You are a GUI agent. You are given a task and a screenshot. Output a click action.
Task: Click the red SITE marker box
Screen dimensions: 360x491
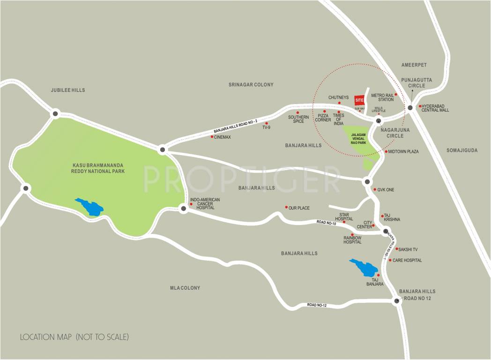[359, 100]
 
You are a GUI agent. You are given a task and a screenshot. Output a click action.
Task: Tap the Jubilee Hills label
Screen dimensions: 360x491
[68, 90]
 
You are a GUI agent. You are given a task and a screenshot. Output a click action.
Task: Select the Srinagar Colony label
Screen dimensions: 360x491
[251, 85]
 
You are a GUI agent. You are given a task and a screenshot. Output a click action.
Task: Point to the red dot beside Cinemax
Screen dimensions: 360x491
[212, 137]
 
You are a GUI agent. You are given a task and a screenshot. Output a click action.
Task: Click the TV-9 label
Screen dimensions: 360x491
[267, 127]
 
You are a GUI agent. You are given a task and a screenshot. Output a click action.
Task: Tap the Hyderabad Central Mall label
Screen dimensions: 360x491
[435, 108]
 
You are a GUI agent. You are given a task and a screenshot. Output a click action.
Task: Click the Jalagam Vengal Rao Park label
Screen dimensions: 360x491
[358, 139]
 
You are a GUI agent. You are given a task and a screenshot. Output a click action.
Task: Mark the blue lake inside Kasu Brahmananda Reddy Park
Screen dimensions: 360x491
[89, 206]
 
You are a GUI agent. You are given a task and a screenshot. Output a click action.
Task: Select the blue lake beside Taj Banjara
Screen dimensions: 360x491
[364, 268]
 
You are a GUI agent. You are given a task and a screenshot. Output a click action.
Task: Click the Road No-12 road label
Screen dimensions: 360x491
[317, 305]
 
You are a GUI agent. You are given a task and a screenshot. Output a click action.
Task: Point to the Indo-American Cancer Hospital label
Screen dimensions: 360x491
[205, 203]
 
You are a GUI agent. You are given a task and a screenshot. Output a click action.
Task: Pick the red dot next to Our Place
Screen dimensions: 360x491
[286, 207]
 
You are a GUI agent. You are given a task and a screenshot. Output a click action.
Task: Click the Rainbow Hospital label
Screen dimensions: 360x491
[352, 240]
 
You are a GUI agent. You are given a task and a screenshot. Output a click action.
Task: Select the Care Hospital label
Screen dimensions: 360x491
[407, 260]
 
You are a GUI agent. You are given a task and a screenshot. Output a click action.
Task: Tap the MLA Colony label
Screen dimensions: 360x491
[185, 288]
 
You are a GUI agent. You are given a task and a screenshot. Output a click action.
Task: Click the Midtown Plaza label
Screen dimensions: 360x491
[403, 152]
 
